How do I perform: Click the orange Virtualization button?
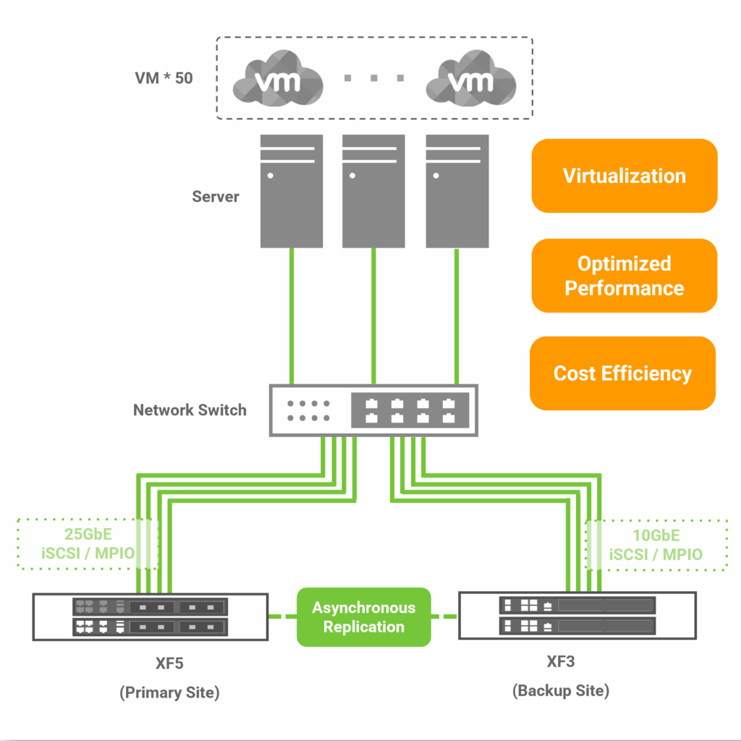pos(624,176)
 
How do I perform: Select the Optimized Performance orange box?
pos(624,276)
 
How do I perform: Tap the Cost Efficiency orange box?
pos(622,373)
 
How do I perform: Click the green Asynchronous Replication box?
pos(363,617)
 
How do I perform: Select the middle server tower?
pos(373,190)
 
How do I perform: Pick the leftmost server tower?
pos(291,190)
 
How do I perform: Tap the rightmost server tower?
pos(457,190)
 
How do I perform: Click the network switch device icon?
pos(373,410)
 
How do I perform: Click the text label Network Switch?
pos(190,410)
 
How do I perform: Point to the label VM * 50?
pos(164,78)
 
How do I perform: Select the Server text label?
pos(216,196)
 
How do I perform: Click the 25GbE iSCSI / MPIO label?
pos(88,545)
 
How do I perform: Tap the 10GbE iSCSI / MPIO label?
pos(656,545)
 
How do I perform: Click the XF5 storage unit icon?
pos(150,617)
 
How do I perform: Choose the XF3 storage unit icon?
pos(577,615)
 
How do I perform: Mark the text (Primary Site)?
pos(169,693)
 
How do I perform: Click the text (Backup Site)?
pos(561,690)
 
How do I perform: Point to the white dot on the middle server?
pos(353,175)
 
